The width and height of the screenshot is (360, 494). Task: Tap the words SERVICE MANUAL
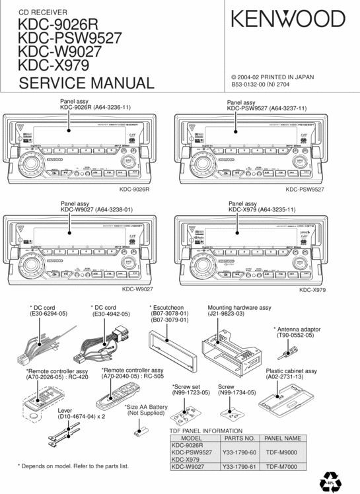[x=87, y=83]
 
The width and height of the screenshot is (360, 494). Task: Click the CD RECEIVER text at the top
[x=42, y=13]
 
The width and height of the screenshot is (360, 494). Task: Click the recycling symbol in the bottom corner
[x=332, y=479]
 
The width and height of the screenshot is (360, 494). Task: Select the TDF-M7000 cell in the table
[x=284, y=467]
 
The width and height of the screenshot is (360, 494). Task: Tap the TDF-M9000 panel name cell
[x=284, y=452]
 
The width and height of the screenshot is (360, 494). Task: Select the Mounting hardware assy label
[x=239, y=308]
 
